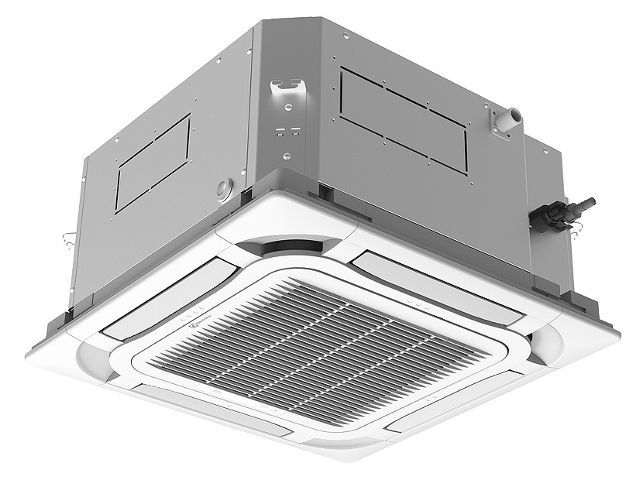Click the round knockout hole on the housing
coord(225,188)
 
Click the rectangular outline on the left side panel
coord(153,163)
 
